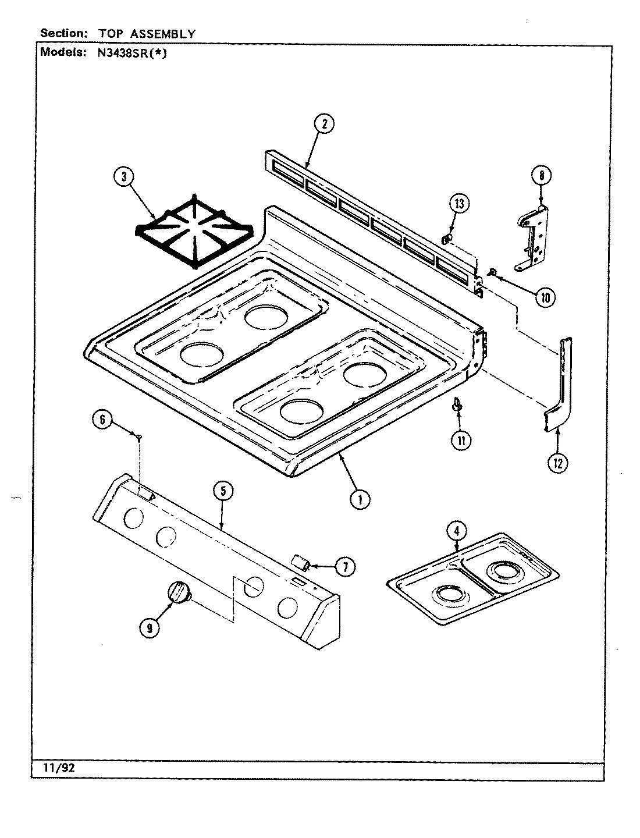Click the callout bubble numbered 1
360,499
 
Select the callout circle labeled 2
324,123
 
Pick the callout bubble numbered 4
457,530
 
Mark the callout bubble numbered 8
541,175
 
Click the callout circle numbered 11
461,441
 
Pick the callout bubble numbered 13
459,204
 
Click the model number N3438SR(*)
127,52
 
